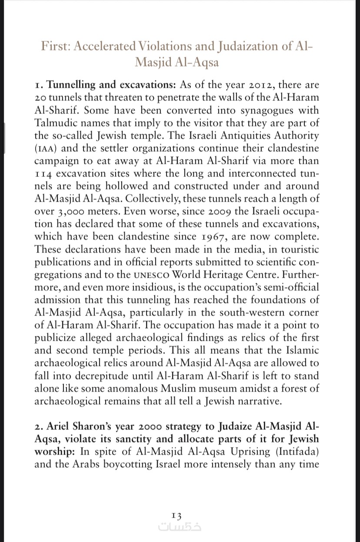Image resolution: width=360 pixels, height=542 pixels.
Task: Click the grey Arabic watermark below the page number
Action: (180, 526)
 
